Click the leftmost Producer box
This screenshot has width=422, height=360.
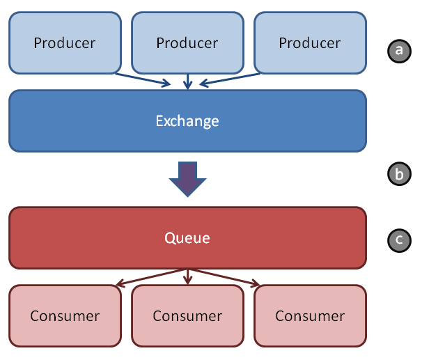point(65,42)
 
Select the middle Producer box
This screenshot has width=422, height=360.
point(187,42)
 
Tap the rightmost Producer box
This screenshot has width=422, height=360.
point(310,42)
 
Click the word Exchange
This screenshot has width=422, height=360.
point(187,121)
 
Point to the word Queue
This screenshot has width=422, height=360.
point(187,238)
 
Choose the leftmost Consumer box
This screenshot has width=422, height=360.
point(65,316)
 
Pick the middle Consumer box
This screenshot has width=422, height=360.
point(187,316)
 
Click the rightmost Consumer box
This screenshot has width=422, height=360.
point(310,316)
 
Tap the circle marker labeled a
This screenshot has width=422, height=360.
point(400,51)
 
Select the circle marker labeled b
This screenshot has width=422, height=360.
point(400,174)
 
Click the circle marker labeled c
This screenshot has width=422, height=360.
point(400,240)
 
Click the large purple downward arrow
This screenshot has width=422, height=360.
point(187,179)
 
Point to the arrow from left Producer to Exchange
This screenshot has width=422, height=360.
point(143,79)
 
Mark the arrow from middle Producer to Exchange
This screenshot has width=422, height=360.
point(187,81)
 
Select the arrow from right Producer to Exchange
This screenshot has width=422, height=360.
point(230,79)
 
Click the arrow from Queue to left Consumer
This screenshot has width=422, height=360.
point(152,277)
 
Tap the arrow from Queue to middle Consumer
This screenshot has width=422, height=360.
point(187,276)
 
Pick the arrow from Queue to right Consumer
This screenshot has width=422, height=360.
point(224,277)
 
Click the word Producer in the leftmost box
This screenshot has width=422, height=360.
point(65,43)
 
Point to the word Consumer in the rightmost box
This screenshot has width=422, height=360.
point(310,316)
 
